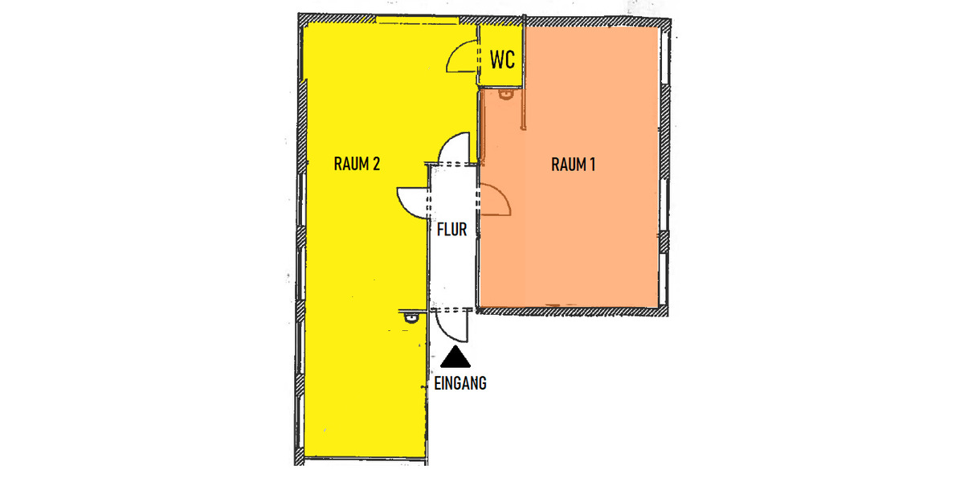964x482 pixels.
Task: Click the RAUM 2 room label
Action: coord(357,164)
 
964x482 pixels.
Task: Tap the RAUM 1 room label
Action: coord(574,165)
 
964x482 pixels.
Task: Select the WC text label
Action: coord(502,59)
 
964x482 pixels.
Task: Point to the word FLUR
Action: coord(451,230)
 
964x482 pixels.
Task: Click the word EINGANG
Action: coord(460,383)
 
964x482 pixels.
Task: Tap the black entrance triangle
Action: coord(455,357)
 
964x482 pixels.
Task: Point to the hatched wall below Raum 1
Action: coord(572,312)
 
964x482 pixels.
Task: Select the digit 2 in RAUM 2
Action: coord(376,164)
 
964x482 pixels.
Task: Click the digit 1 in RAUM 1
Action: coord(592,165)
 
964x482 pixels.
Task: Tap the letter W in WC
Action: coord(496,59)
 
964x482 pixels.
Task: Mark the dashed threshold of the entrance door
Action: coord(451,309)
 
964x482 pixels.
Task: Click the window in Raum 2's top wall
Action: coord(418,20)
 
